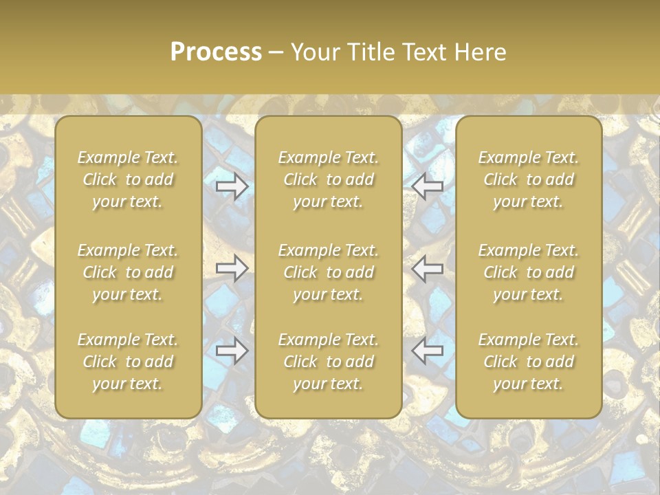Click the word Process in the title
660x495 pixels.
(x=216, y=52)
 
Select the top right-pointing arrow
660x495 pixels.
(x=232, y=186)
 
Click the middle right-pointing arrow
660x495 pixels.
(x=232, y=268)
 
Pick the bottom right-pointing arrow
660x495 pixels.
(x=232, y=351)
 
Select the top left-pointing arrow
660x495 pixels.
(x=428, y=186)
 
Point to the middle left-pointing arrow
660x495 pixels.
(x=428, y=268)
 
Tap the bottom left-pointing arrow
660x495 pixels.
(x=428, y=351)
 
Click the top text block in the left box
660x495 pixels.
(x=128, y=179)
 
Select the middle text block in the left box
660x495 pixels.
(x=128, y=272)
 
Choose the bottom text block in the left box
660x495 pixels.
(x=128, y=362)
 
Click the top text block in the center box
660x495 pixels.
(x=329, y=179)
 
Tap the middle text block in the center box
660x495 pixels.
(x=329, y=272)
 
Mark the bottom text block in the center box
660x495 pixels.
(x=329, y=362)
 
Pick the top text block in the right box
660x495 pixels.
(x=529, y=179)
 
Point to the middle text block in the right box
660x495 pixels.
(x=529, y=272)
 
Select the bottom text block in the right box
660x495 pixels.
(x=529, y=362)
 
